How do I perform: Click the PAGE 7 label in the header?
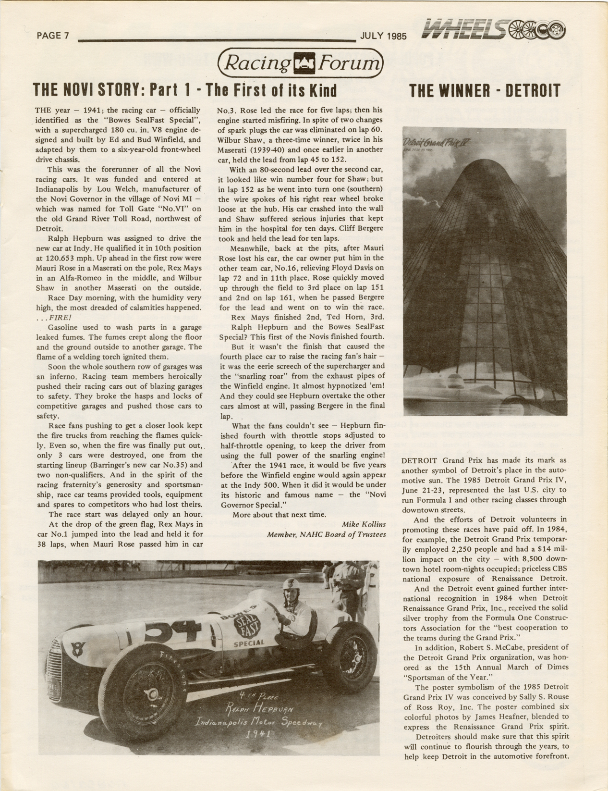(x=53, y=36)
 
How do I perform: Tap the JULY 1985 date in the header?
(x=382, y=36)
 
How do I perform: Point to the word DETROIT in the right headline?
(x=528, y=90)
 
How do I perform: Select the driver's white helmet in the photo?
(x=290, y=585)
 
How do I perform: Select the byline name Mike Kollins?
(x=364, y=524)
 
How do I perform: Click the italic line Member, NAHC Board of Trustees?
(x=327, y=534)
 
